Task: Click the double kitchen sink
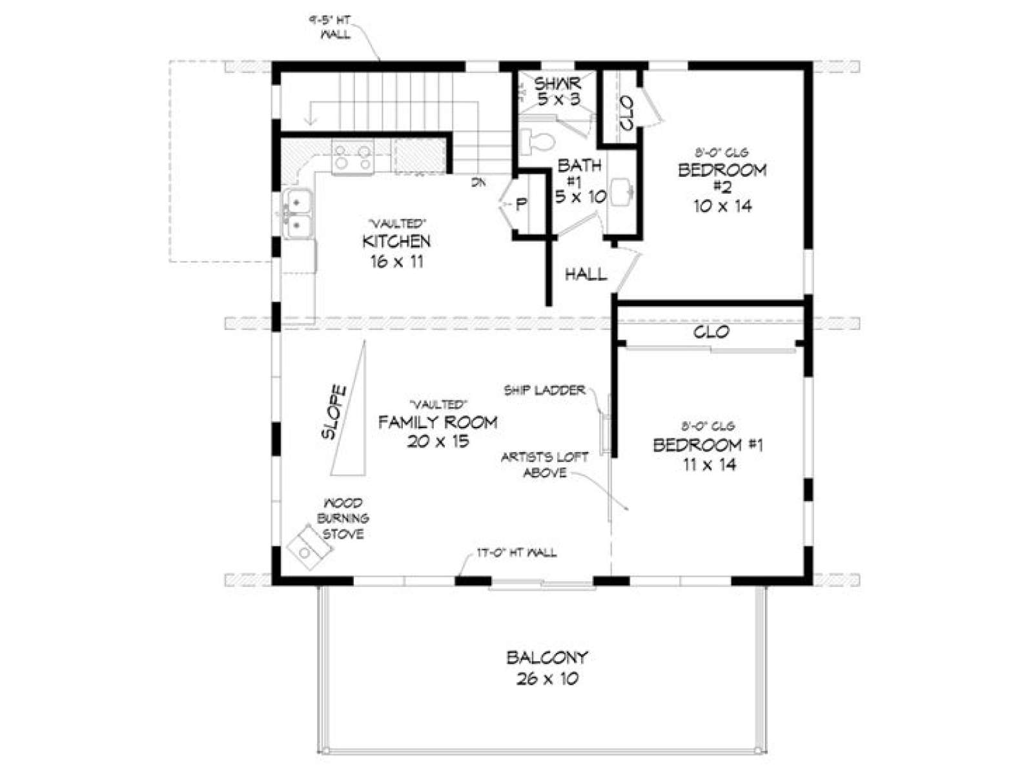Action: pos(297,212)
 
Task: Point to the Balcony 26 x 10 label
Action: pos(547,668)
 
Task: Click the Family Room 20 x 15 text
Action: pos(438,431)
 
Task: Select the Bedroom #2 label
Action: pos(722,187)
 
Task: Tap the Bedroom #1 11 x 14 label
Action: pos(708,454)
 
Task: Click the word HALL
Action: pos(586,274)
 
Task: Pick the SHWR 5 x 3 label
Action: pos(557,91)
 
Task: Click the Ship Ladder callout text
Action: pos(544,390)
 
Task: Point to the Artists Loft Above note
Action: pos(545,465)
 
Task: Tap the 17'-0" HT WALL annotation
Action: pos(516,553)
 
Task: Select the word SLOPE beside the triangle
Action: pos(334,413)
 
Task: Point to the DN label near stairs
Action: pos(478,183)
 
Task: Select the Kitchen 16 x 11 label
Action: pos(396,251)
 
